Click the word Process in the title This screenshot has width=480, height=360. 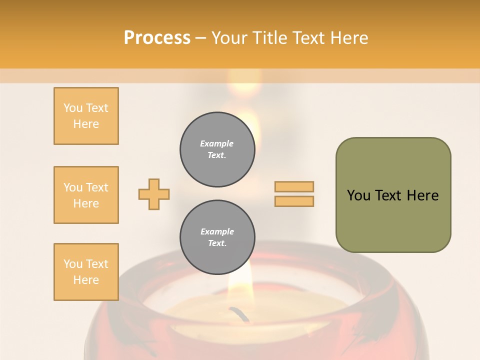click(157, 38)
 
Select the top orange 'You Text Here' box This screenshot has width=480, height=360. click(86, 116)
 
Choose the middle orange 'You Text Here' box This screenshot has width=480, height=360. click(86, 195)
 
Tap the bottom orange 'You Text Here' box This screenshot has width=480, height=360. click(86, 272)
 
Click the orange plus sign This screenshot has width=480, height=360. click(154, 194)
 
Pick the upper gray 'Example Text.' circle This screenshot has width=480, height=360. click(217, 149)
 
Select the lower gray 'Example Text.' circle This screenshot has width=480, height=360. click(217, 237)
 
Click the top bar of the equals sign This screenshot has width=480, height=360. click(294, 186)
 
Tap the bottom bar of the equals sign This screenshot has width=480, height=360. click(294, 201)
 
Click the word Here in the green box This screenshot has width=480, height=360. click(422, 195)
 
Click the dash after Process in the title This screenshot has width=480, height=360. click(200, 38)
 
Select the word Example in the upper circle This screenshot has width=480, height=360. click(217, 143)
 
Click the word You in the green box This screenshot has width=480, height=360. click(358, 195)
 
